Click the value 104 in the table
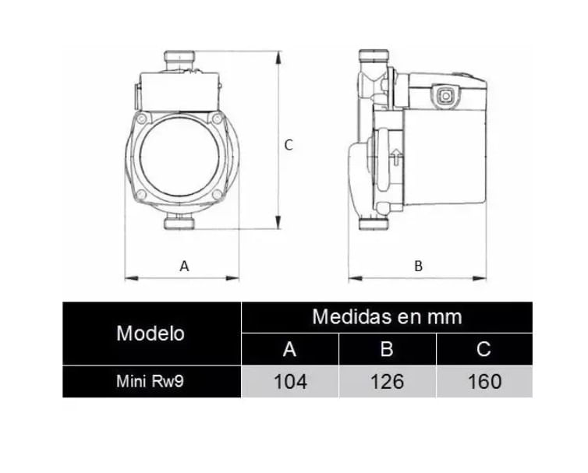click(291, 382)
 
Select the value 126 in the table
click(388, 382)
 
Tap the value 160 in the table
click(484, 382)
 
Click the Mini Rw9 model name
click(150, 382)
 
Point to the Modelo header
click(151, 333)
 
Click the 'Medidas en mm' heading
click(387, 316)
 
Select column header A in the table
click(289, 349)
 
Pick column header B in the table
click(387, 349)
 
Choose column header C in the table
click(484, 349)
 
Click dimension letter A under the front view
click(184, 266)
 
